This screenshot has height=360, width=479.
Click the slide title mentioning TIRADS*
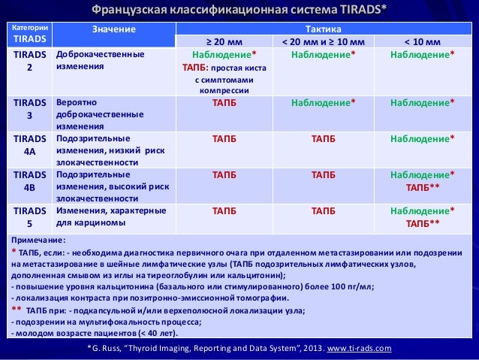[239, 10]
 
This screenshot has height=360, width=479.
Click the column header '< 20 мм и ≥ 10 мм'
[323, 41]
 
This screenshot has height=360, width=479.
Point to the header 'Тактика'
[323, 27]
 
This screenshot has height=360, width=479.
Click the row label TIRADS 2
[29, 61]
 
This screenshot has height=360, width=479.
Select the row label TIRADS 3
[29, 109]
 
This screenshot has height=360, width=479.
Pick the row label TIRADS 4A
[29, 145]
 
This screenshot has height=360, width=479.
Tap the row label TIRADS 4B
[29, 180]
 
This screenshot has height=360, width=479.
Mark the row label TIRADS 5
[29, 216]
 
